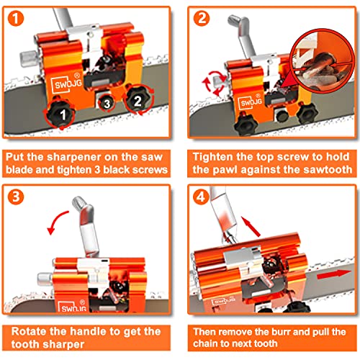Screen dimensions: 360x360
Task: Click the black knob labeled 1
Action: pos(62,112)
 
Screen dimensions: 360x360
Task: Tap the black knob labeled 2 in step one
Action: pos(137,100)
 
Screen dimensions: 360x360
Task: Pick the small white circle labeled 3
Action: pos(107,104)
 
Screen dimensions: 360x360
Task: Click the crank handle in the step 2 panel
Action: pos(253,36)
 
